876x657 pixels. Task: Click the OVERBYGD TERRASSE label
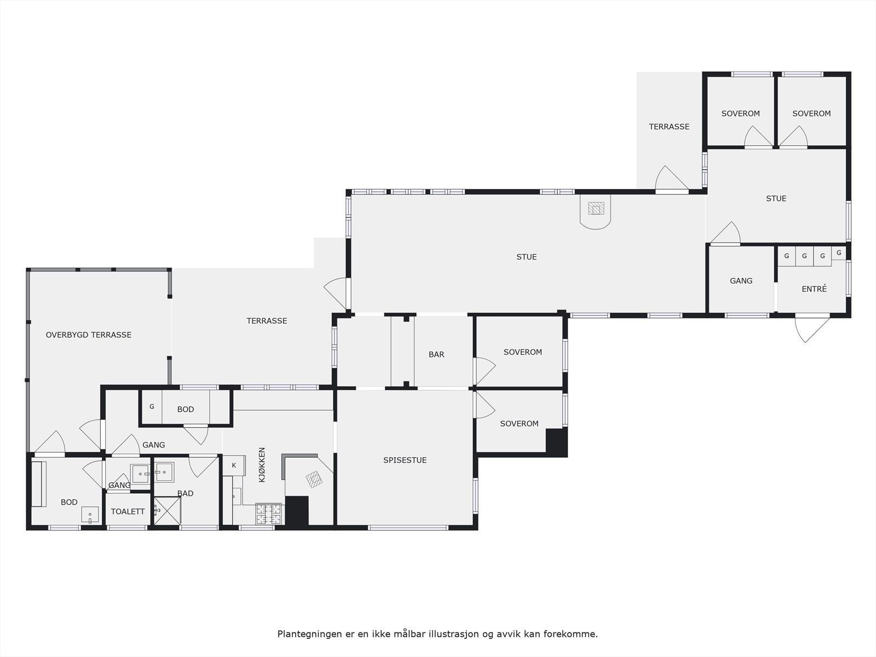coord(89,335)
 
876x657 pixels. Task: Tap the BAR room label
coord(436,355)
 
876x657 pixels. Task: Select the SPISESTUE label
coord(405,460)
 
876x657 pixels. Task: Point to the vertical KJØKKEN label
coord(262,465)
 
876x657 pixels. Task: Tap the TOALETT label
coord(128,512)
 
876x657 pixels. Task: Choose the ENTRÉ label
coord(814,289)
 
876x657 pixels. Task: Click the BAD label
coord(186,493)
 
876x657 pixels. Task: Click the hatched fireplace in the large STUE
coord(596,209)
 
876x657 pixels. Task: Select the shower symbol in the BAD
coord(166,511)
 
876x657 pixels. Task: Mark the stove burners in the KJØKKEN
coord(269,514)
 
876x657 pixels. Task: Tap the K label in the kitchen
coord(234,465)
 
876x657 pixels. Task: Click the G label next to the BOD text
coord(152,407)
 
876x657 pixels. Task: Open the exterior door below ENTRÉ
coord(812,328)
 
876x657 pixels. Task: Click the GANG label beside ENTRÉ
coord(741,281)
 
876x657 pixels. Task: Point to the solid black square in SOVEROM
coord(556,441)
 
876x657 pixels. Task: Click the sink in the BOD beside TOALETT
coord(90,515)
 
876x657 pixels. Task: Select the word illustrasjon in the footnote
coord(453,634)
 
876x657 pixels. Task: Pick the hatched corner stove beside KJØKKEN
coord(314,480)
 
